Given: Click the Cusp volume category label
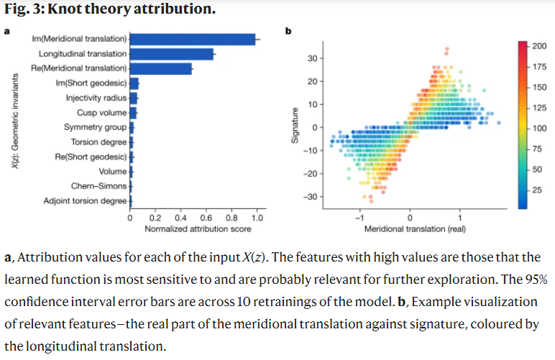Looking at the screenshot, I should (101, 113).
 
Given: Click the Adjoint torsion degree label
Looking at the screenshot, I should (85, 200).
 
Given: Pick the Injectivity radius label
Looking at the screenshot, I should (96, 98).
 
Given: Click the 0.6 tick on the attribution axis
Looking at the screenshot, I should (206, 218).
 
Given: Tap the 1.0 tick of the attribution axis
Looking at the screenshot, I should (257, 218).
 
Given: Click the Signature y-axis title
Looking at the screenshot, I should (294, 127).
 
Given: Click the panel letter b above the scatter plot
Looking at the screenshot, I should (288, 32).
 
